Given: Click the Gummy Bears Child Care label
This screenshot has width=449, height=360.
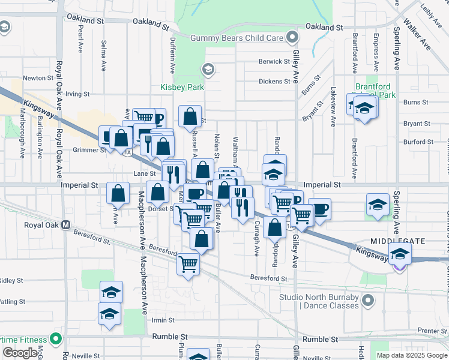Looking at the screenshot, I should point(237,38).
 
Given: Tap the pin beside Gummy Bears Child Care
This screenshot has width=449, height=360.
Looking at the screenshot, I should point(292,38).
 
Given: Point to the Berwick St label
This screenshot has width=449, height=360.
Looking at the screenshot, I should point(274,61).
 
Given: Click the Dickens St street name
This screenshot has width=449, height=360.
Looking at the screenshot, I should point(274,82).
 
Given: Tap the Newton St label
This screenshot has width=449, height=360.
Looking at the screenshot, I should point(34,78).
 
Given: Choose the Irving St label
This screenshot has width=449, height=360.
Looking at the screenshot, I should point(77,94).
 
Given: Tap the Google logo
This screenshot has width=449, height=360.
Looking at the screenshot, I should point(20,353).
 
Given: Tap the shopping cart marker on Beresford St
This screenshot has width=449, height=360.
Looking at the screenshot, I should point(188,264).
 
